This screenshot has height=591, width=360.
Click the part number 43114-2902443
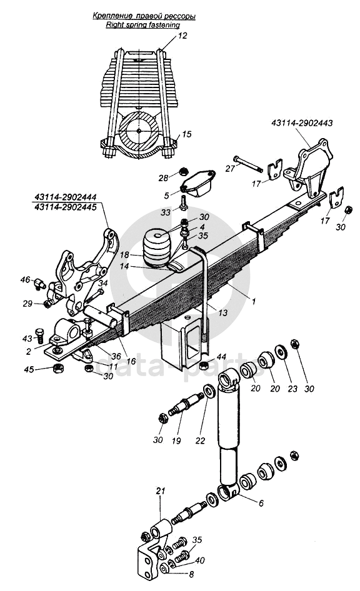click(x=301, y=123)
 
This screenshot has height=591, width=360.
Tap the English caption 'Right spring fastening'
click(x=142, y=25)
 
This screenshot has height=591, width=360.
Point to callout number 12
click(x=182, y=36)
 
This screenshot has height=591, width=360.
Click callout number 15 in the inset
click(x=187, y=134)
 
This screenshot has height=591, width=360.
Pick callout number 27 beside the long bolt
click(x=230, y=168)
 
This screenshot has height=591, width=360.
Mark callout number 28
click(x=163, y=178)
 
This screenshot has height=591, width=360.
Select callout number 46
click(x=25, y=279)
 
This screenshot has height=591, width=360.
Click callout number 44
click(x=221, y=357)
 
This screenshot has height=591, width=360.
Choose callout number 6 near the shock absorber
click(x=261, y=503)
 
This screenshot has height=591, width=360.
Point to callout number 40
click(x=200, y=561)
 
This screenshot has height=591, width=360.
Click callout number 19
click(x=176, y=440)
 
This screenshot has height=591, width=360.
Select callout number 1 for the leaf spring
click(x=254, y=301)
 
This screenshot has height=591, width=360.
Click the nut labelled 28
click(x=182, y=172)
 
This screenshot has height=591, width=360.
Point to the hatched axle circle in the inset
click(x=139, y=131)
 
